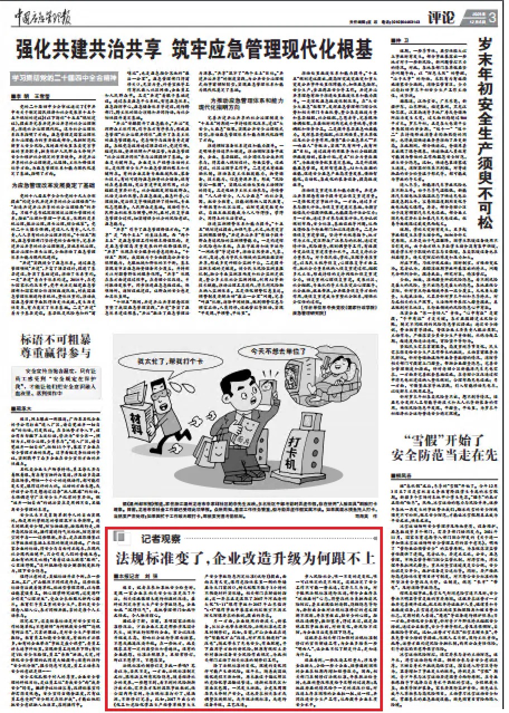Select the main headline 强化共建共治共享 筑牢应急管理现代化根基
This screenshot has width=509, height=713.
(194, 50)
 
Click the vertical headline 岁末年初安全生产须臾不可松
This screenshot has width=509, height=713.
(488, 133)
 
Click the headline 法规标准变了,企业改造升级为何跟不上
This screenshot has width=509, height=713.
(244, 557)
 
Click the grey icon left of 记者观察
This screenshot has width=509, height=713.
(119, 537)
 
